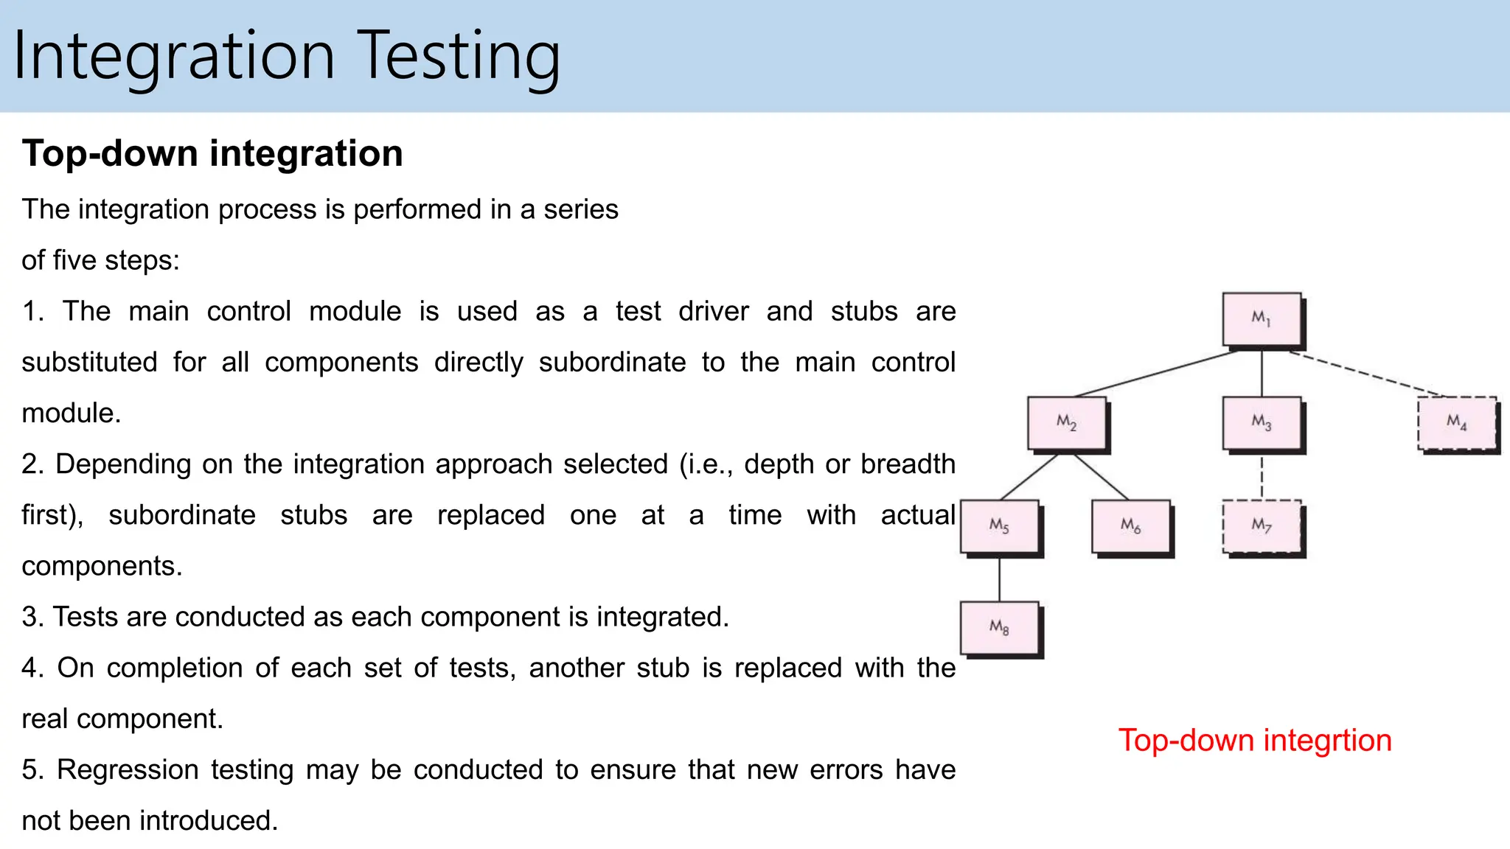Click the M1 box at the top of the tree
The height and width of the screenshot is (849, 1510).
(x=1262, y=319)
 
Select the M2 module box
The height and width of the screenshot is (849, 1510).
(x=1067, y=423)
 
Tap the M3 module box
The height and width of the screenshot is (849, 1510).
(x=1262, y=423)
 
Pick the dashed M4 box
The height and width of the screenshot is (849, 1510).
(x=1457, y=423)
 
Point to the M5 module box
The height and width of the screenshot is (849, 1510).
(x=1000, y=526)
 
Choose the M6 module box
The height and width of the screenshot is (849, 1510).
(x=1131, y=526)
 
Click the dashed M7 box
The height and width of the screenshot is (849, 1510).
(x=1262, y=526)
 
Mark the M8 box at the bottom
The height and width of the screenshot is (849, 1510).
(x=1000, y=628)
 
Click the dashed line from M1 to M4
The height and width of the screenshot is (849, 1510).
(x=1364, y=373)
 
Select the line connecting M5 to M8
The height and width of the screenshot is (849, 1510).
(x=1000, y=579)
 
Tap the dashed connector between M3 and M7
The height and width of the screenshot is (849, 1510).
(x=1262, y=476)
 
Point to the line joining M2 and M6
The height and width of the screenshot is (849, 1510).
(x=1101, y=477)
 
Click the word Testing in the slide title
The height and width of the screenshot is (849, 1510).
(x=461, y=57)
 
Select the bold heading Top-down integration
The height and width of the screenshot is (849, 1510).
(x=212, y=153)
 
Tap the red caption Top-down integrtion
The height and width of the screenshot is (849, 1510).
(x=1255, y=741)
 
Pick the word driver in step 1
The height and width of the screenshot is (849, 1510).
(x=713, y=312)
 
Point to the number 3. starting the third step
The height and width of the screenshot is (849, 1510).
(x=32, y=618)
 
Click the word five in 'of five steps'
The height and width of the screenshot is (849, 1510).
(x=74, y=261)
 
